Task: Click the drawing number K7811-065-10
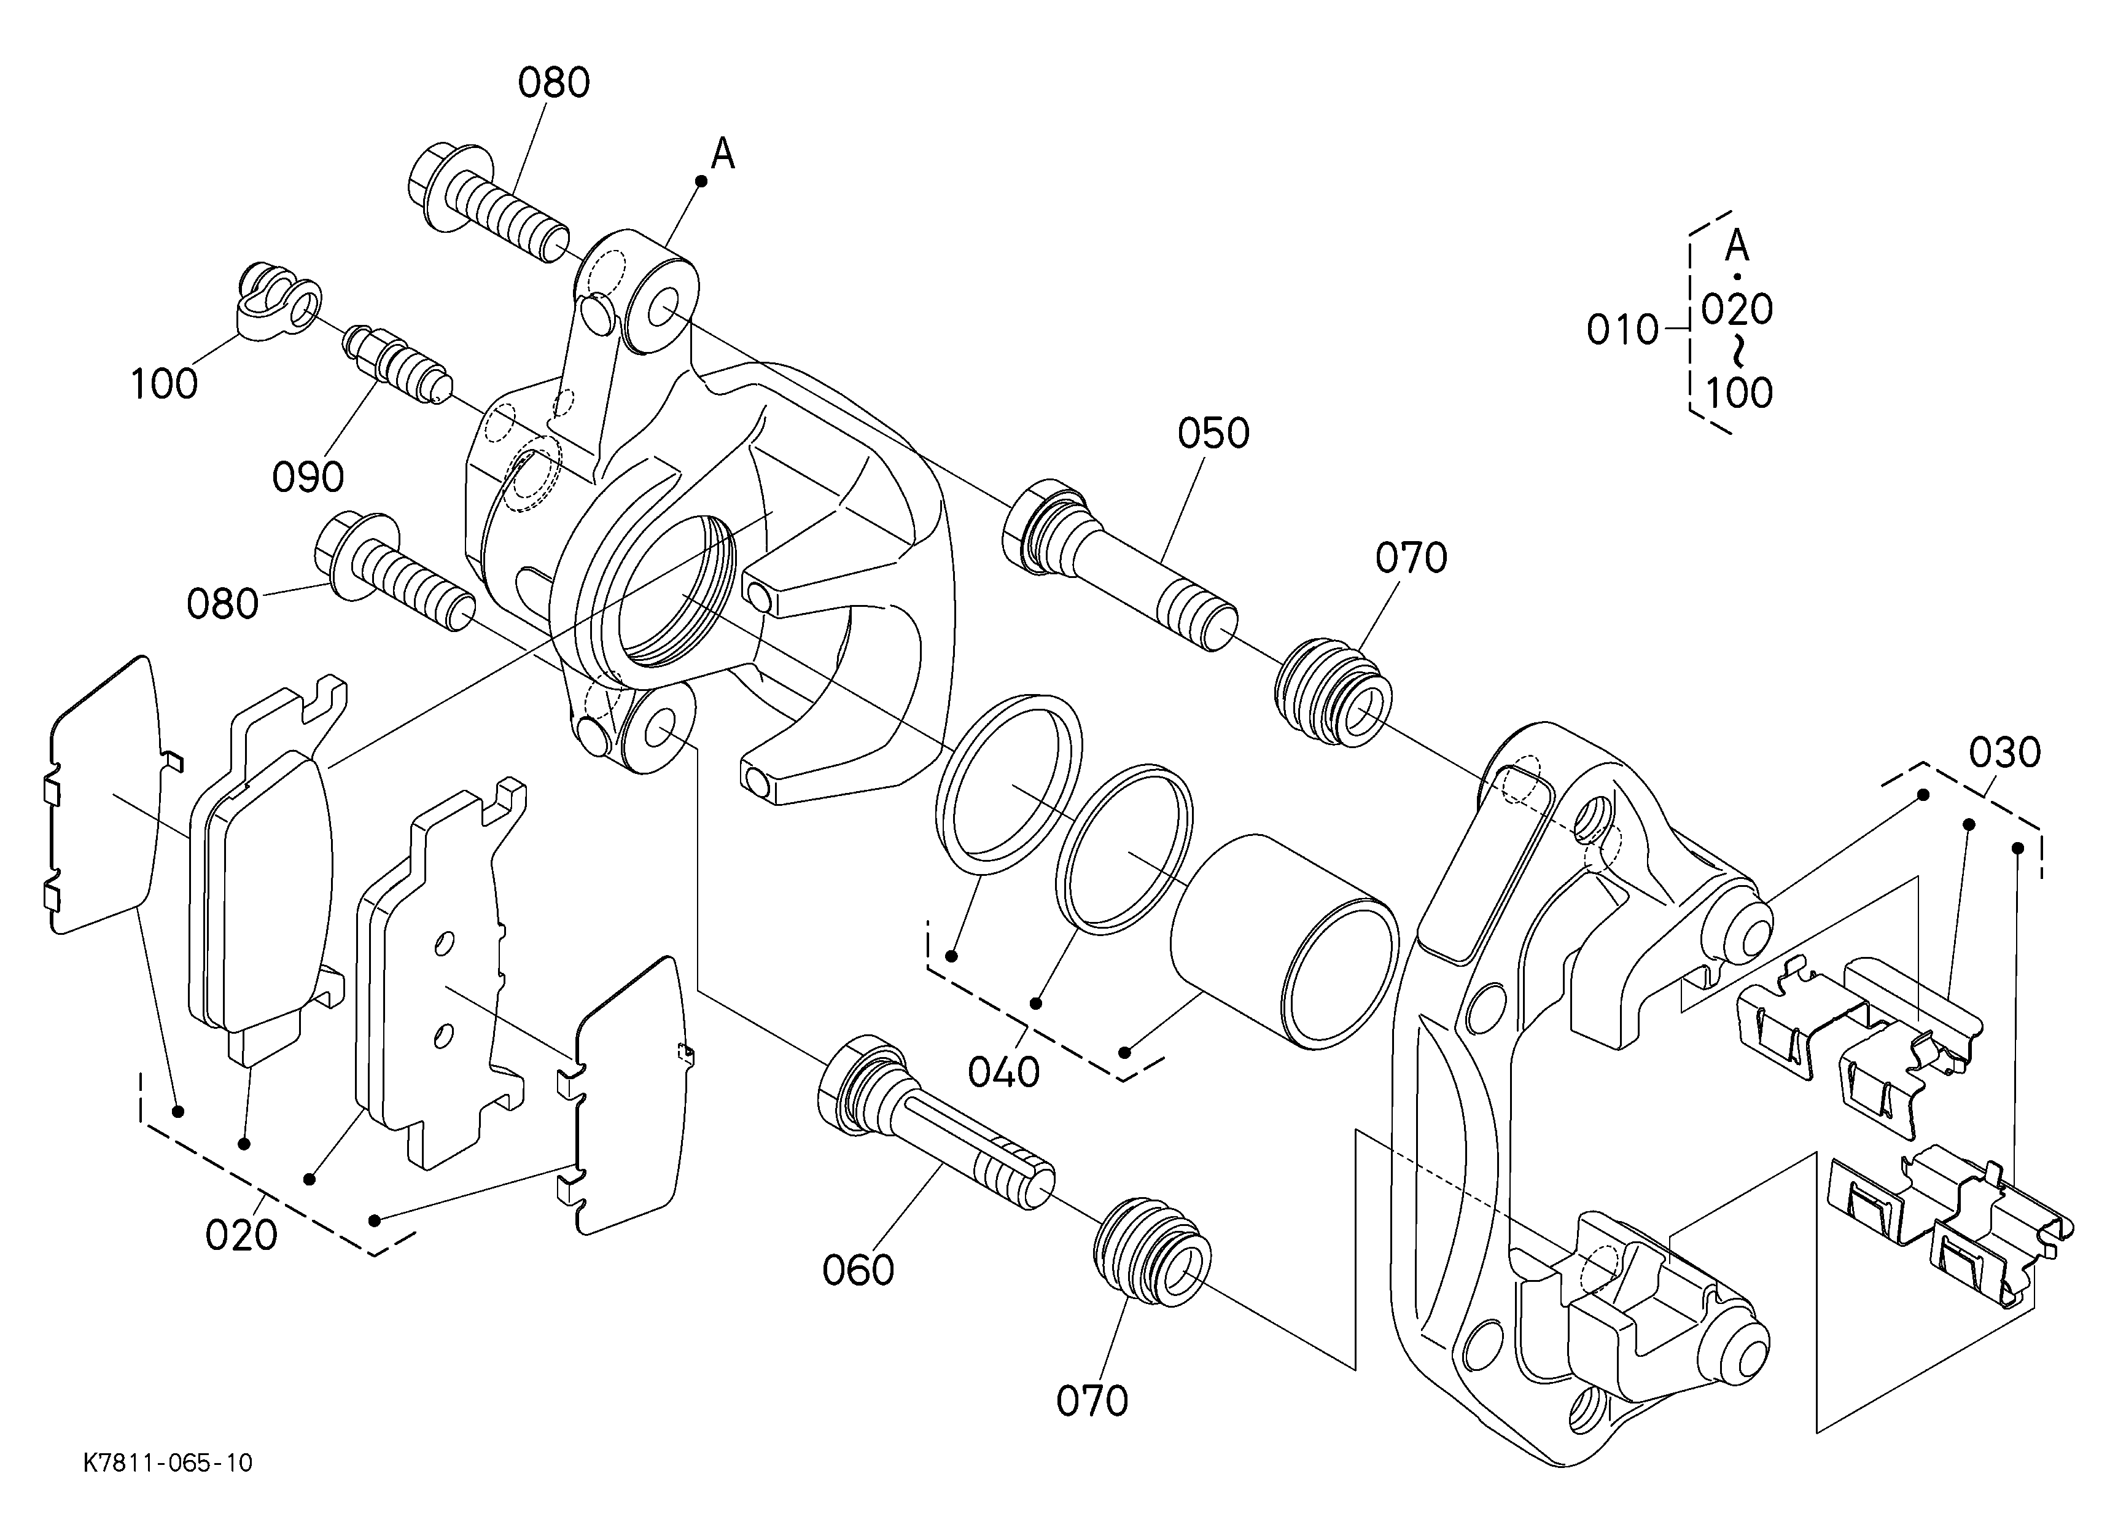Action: click(x=168, y=1462)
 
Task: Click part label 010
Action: click(x=1623, y=330)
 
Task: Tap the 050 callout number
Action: click(x=1213, y=434)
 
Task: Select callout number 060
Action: click(x=858, y=1271)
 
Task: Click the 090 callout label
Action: click(x=308, y=478)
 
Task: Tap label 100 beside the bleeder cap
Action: click(x=165, y=384)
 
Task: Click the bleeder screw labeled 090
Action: click(x=399, y=364)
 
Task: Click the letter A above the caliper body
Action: click(x=723, y=155)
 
